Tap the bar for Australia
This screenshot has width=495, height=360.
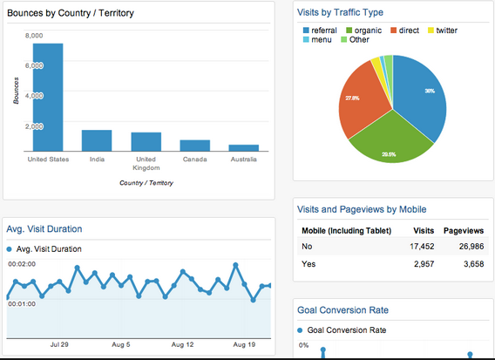click(243, 148)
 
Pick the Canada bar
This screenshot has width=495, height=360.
click(194, 146)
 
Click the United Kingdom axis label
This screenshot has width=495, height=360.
click(146, 164)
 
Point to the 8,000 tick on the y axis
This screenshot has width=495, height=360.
click(34, 36)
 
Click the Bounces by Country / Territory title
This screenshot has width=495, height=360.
click(71, 14)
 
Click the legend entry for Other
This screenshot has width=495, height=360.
click(358, 39)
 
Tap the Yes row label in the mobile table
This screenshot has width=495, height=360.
click(309, 262)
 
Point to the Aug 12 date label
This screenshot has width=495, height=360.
click(181, 344)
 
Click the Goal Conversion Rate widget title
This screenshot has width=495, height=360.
click(342, 309)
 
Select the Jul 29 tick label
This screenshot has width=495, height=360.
click(60, 344)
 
